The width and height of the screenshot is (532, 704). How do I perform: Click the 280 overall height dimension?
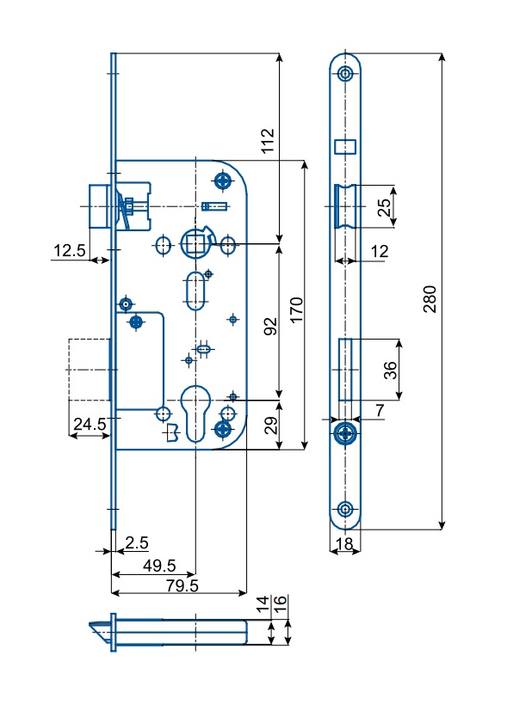(x=430, y=299)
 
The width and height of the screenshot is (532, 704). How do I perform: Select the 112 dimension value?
(x=268, y=140)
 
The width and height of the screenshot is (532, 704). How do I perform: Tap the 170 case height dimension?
(x=296, y=309)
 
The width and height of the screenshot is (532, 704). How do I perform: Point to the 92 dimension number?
(x=270, y=327)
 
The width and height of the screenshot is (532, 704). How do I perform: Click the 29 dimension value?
(x=270, y=425)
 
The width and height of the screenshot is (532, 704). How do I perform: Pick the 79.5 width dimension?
(x=182, y=585)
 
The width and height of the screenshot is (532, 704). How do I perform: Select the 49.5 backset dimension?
(x=159, y=566)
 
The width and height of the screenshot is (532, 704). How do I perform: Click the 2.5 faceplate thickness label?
(x=137, y=542)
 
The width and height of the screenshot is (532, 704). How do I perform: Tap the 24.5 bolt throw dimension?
(x=90, y=424)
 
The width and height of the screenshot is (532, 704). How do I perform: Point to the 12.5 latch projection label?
(x=69, y=250)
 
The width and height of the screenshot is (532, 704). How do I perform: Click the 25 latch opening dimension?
(x=384, y=207)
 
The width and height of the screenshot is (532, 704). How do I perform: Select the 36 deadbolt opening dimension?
(x=390, y=370)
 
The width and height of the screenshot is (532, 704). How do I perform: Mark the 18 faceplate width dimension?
(x=344, y=544)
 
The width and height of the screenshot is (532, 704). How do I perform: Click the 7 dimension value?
(x=380, y=410)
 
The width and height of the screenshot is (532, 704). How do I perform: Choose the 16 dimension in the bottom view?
(x=280, y=601)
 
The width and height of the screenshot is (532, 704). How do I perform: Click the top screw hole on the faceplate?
(x=345, y=74)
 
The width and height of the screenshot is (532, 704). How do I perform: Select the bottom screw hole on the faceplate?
(x=345, y=510)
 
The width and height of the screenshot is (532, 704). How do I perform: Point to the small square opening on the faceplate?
(x=345, y=147)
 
